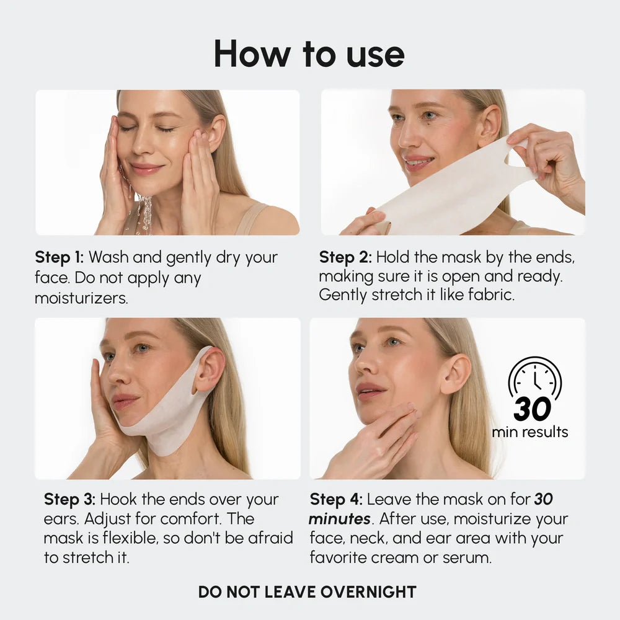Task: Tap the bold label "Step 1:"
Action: [59, 257]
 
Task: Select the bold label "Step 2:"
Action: [345, 257]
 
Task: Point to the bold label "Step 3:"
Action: [69, 499]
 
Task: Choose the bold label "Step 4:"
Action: [335, 499]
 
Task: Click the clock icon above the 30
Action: [534, 378]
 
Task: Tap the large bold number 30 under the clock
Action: [532, 409]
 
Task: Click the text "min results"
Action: [530, 432]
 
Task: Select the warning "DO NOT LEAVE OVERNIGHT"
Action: [307, 591]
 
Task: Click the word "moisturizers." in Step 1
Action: [81, 298]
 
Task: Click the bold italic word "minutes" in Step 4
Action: [339, 519]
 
